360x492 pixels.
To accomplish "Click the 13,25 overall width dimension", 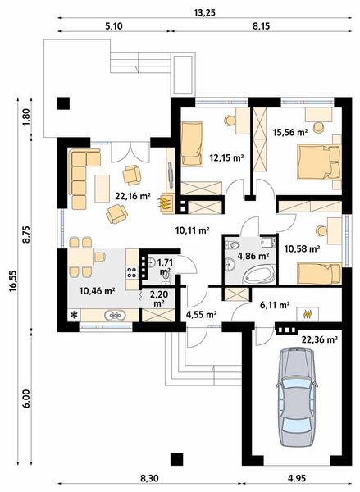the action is (205, 12).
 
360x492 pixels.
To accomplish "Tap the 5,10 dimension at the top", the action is (113, 26).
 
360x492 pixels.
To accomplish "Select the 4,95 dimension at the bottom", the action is (297, 478).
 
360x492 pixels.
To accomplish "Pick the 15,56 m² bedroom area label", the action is (290, 132).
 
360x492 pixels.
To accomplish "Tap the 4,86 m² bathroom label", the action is (253, 256).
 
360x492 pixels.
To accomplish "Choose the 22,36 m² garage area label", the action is (320, 339).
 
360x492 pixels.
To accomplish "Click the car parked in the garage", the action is (296, 397).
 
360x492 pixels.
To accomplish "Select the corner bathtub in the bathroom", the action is (259, 275).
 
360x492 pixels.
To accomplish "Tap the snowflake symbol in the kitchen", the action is (74, 315).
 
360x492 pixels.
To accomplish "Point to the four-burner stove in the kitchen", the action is (132, 272).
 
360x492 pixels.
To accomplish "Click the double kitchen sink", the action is (115, 315).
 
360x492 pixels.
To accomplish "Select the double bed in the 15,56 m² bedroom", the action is (319, 162).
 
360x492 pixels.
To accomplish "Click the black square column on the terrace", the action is (63, 103).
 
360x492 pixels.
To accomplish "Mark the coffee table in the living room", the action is (102, 189).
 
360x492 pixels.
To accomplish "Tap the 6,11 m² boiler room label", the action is (275, 305).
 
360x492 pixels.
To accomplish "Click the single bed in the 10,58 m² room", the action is (319, 273).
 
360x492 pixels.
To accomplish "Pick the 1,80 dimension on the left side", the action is (26, 117).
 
